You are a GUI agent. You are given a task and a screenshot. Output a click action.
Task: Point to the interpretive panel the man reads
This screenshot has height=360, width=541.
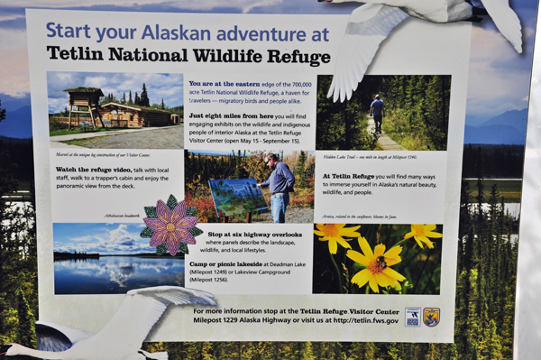click(237, 198)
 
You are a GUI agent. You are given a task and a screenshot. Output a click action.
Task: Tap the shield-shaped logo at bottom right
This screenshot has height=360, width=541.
click(431, 316)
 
